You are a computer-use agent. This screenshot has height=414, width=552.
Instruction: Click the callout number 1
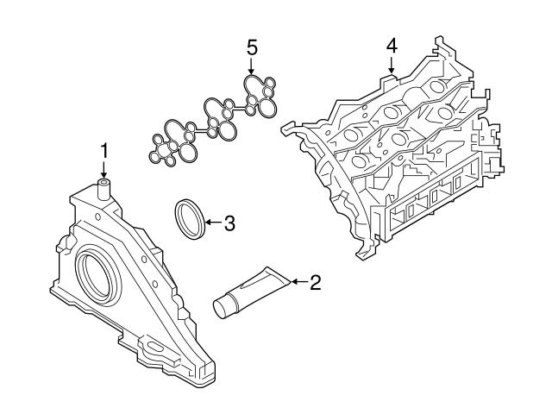click(103, 151)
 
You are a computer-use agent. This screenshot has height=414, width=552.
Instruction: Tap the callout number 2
click(315, 281)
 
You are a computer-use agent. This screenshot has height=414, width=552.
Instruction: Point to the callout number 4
click(391, 45)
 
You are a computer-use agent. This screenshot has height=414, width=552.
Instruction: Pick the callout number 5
click(252, 47)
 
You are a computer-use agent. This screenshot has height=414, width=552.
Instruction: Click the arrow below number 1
click(103, 170)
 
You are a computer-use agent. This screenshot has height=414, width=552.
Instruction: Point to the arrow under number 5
click(252, 66)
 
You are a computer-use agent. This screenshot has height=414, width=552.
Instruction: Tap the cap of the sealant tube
click(223, 306)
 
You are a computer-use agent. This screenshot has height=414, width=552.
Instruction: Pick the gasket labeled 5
click(216, 121)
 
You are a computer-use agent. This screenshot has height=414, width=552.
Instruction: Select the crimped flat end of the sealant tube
click(278, 277)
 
